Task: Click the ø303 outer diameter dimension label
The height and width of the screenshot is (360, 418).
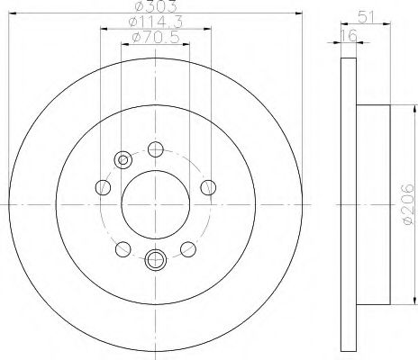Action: [154, 9]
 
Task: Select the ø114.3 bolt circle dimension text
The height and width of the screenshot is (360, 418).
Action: [154, 22]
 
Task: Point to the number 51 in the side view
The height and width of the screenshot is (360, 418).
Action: [367, 14]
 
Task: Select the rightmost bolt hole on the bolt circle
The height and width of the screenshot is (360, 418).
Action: [208, 187]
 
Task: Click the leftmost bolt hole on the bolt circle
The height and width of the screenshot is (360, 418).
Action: [102, 188]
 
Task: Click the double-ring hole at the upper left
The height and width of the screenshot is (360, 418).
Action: [122, 161]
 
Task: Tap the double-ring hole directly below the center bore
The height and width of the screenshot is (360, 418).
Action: [154, 260]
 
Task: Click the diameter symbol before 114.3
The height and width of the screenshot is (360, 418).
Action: [129, 22]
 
